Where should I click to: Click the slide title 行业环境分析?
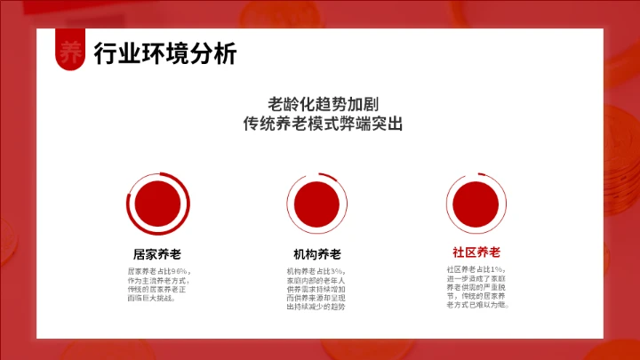[x=165, y=53]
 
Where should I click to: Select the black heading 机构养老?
[x=317, y=253]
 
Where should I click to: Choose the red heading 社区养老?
[x=476, y=252]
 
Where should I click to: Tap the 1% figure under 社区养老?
[x=497, y=268]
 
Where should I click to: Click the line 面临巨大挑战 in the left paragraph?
[x=152, y=298]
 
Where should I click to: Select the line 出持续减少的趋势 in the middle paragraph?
[x=316, y=307]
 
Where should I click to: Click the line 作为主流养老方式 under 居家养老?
[x=159, y=279]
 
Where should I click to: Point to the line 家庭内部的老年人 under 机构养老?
[x=316, y=279]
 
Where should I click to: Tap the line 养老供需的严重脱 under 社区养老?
[x=476, y=286]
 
